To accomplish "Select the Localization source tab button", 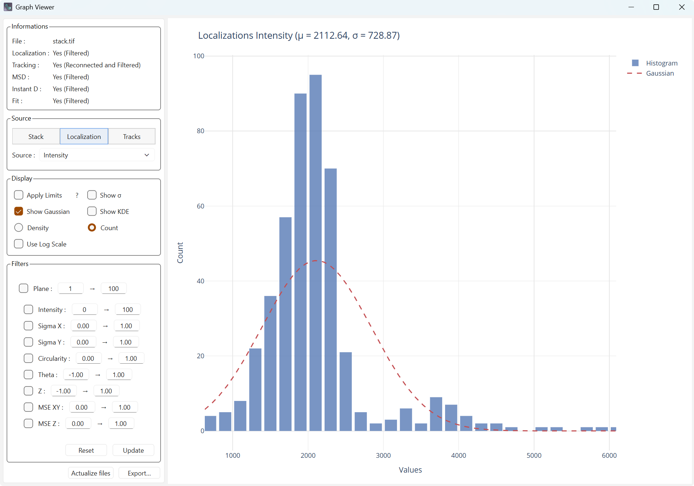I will [x=84, y=136].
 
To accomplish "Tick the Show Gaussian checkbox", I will [x=19, y=211].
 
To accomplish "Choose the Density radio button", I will [x=19, y=228].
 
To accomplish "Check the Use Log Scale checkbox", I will [x=19, y=244].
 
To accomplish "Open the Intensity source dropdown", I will [x=97, y=155].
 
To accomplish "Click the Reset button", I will [x=86, y=450].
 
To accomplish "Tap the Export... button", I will [x=139, y=473].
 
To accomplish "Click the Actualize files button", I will [x=91, y=473].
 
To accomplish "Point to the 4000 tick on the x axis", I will [x=458, y=455].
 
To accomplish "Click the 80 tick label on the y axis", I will [x=200, y=131].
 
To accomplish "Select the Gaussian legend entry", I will [x=660, y=73].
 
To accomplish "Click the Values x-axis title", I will [x=410, y=470].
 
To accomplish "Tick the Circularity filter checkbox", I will [x=28, y=358].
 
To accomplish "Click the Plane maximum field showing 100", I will [x=114, y=288].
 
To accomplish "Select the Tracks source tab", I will [x=132, y=136].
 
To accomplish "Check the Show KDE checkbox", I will [x=92, y=211].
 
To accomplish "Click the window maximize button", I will [x=656, y=7].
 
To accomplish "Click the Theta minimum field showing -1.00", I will [x=76, y=375].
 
